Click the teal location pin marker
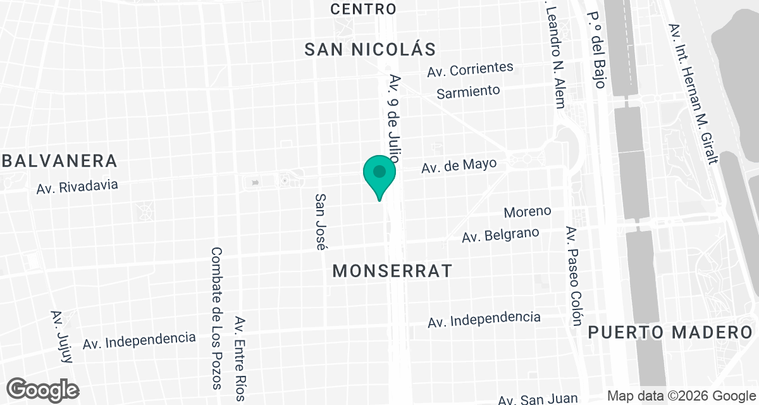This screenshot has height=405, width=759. coord(379,174)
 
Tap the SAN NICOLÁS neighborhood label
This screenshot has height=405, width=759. coord(371,50)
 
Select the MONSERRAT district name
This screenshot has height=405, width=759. coord(392,271)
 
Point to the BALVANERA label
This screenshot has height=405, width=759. coord(59,161)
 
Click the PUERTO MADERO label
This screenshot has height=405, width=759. coord(672,332)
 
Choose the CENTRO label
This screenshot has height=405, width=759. coord(364,9)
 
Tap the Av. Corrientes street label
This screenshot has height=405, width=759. coord(470,69)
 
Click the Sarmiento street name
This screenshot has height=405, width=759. coord(469,92)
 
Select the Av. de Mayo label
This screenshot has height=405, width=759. coord(459,166)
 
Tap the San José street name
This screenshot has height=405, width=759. coord(321,221)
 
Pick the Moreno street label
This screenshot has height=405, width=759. coord(528,211)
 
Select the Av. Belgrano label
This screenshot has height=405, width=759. coord(500,235)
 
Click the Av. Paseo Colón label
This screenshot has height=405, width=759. coord(573,276)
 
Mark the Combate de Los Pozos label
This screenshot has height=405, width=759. coord(216,318)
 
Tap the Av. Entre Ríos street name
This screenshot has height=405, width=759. coord(240,358)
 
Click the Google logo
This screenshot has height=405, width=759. coord(43,389)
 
